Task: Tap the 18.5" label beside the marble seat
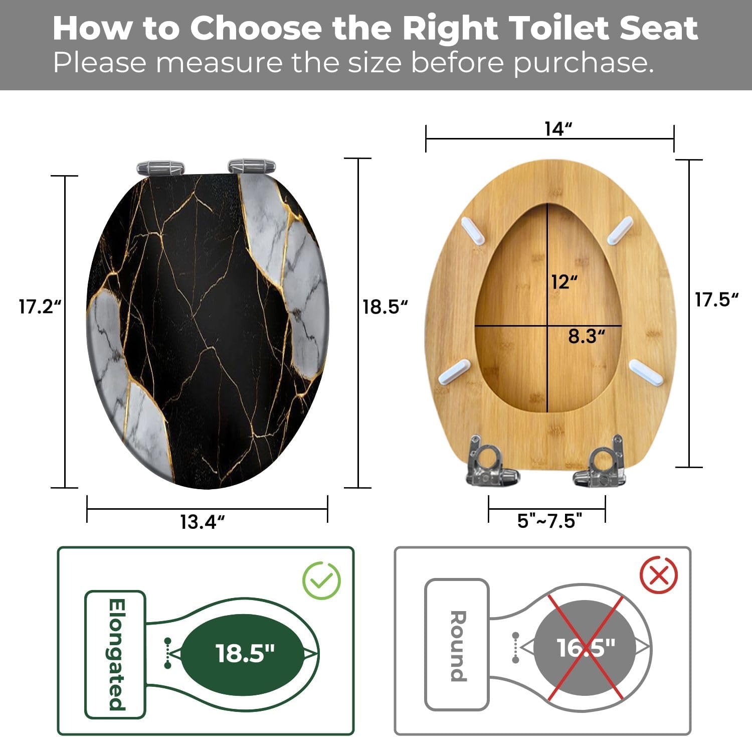click(x=385, y=307)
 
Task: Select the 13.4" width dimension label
click(x=202, y=522)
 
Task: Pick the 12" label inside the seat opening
click(x=565, y=282)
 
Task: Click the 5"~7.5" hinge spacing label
click(x=549, y=521)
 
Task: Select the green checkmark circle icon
click(x=321, y=580)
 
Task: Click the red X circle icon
click(x=659, y=575)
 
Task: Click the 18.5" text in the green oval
click(x=245, y=653)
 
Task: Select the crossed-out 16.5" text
click(x=586, y=648)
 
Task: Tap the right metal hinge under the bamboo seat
click(x=601, y=462)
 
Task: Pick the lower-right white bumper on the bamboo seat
click(x=646, y=372)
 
